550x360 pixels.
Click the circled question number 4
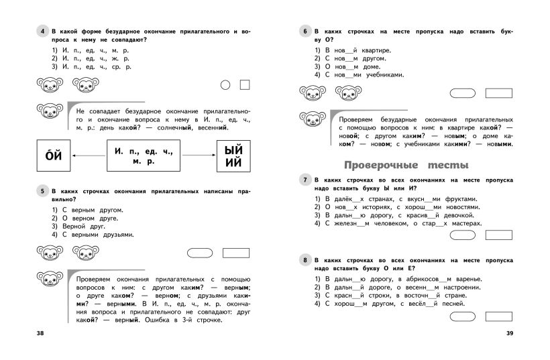click(x=42, y=32)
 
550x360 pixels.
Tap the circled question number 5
click(x=42, y=191)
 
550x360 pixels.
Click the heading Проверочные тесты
click(x=406, y=165)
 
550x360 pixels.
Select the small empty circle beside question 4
click(x=225, y=85)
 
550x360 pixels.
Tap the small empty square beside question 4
click(x=244, y=85)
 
